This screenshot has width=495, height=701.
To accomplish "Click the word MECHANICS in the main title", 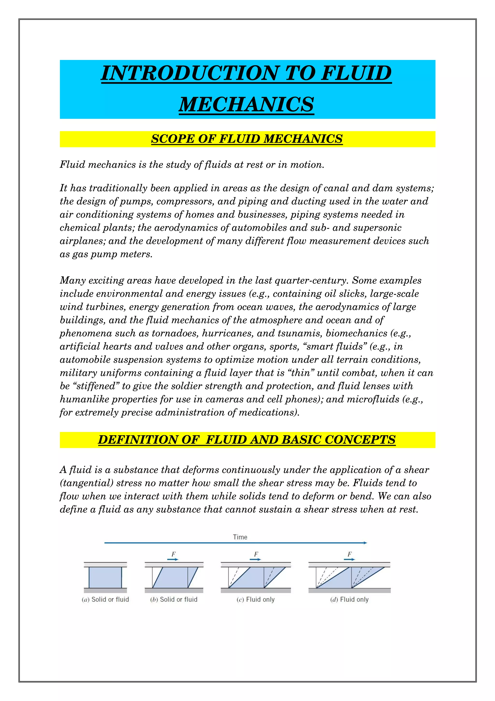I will click(x=246, y=104).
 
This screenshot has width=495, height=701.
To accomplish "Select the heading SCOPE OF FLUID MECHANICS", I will click(x=247, y=139).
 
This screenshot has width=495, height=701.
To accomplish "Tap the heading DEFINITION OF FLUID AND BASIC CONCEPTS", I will click(x=247, y=440).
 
